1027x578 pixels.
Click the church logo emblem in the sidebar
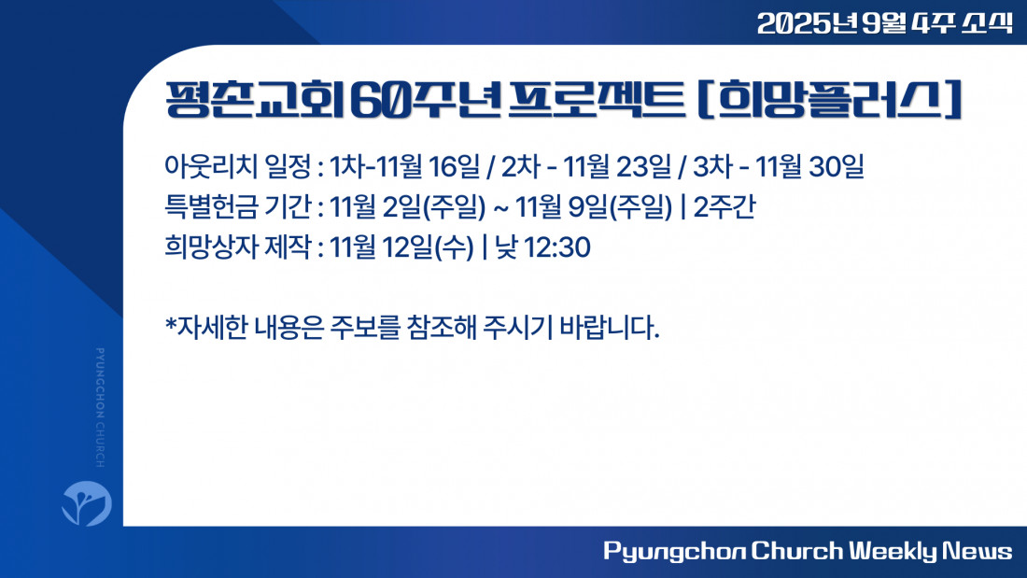coord(87,503)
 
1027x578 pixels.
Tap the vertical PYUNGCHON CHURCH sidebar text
coord(100,408)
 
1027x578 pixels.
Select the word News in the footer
coord(977,551)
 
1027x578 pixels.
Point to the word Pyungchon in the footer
coord(674,552)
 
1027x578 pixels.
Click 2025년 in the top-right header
coord(807,23)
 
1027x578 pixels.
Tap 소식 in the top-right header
coord(987,23)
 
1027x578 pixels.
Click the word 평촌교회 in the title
coord(254,100)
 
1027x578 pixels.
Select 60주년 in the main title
coord(426,100)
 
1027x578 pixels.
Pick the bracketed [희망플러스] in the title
coord(829,100)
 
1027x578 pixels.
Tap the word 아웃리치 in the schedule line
coord(211,166)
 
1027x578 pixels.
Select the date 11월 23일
coord(617,166)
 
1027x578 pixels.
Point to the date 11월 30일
coord(810,166)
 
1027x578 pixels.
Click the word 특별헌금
coord(211,207)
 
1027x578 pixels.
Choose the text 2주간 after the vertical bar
coord(724,207)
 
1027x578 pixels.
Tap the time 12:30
coord(557,247)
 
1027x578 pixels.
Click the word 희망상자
coord(211,247)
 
